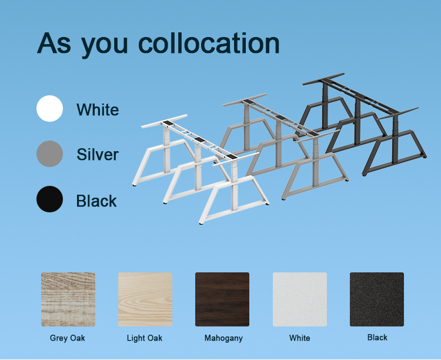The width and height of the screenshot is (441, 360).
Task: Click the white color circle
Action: pyautogui.click(x=49, y=108)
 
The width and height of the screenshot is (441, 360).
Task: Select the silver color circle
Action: pyautogui.click(x=49, y=154)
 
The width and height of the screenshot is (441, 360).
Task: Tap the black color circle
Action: pyautogui.click(x=49, y=199)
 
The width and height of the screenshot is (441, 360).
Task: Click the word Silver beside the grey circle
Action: pyautogui.click(x=98, y=155)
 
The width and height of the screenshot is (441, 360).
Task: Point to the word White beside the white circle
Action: pyautogui.click(x=98, y=109)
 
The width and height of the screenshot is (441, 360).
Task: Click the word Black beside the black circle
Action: pyautogui.click(x=96, y=201)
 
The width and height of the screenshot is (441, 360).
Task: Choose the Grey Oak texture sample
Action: pyautogui.click(x=68, y=299)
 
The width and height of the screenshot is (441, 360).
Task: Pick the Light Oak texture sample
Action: pyautogui.click(x=145, y=299)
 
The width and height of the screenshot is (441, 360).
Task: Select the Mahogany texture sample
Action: pyautogui.click(x=222, y=299)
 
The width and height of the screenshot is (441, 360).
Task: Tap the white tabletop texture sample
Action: pyautogui.click(x=300, y=299)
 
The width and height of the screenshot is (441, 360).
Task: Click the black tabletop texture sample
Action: pyautogui.click(x=377, y=299)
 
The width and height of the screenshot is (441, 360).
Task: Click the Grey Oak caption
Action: pyautogui.click(x=68, y=338)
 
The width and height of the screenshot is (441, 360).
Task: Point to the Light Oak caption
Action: pyautogui.click(x=145, y=338)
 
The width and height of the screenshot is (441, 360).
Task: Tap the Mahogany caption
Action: pyautogui.click(x=223, y=338)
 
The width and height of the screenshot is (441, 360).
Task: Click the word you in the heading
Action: pyautogui.click(x=104, y=46)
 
